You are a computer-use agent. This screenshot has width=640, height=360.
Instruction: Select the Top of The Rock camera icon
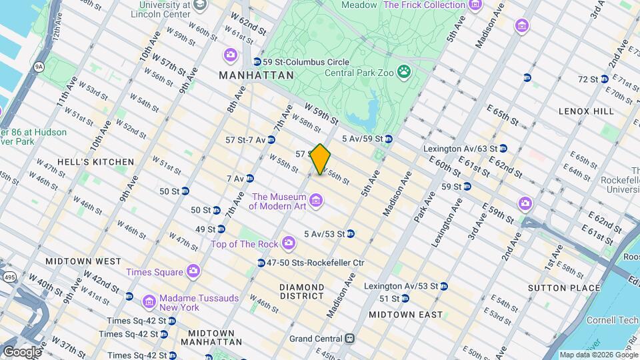[x=288, y=244]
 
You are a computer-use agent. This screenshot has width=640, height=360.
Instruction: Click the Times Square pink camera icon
[x=193, y=271]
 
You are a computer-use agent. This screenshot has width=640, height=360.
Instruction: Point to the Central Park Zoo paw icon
[x=403, y=71]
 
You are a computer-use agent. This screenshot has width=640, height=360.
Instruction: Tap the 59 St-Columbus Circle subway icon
[x=248, y=61]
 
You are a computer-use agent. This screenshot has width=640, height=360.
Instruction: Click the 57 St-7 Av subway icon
[x=271, y=140]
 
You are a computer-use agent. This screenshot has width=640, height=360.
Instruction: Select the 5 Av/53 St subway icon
[x=350, y=234]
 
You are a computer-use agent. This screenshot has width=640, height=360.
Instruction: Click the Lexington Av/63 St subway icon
[x=503, y=149]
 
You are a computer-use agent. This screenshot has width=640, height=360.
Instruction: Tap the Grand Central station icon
[x=348, y=339]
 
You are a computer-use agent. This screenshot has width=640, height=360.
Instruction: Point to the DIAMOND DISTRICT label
[x=302, y=291]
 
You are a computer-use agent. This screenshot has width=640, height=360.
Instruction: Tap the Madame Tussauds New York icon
[x=149, y=303]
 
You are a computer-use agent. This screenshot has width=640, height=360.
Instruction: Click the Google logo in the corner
[x=22, y=351]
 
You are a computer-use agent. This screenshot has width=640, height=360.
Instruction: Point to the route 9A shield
[x=39, y=67]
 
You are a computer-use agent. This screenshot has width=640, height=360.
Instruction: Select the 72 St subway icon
[x=604, y=79]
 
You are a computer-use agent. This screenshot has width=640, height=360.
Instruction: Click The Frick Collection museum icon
[x=475, y=6]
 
